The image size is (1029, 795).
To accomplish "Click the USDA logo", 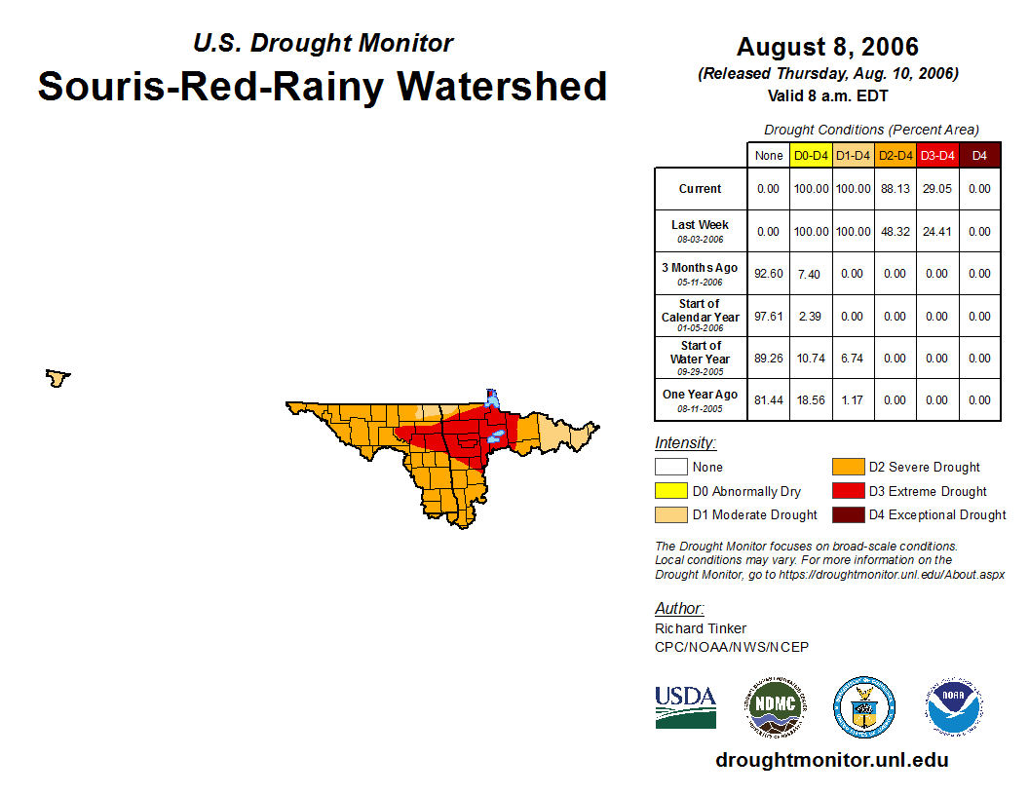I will pos(685,706).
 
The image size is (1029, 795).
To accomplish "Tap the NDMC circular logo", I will pos(776,706).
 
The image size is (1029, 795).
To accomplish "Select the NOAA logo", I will pos(954,706).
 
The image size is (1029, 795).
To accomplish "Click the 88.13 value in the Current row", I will pos(895,189).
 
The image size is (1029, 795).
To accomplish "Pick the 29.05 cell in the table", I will pos(936,189).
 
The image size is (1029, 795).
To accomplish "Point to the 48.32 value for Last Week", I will pos(895,232).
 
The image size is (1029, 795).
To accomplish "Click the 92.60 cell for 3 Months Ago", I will pos(769,274).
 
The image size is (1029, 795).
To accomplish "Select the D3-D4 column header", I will pos(936,155).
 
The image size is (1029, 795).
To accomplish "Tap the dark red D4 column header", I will pos(979,155).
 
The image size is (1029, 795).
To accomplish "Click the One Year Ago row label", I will pos(700,396).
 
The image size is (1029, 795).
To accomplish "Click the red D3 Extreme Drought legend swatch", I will pos(846,491).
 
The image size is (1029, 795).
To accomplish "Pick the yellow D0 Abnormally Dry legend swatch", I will pos(669,491).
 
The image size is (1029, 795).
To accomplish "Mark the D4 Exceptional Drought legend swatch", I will pos(846,514).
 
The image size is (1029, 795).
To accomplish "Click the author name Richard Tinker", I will pos(701,628).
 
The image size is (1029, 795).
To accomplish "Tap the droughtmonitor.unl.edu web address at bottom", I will pos(831,760).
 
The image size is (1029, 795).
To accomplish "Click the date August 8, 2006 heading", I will pos(827,47).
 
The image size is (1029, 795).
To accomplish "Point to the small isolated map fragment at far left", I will pos(58,377).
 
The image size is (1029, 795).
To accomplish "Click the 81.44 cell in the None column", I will pos(769,399).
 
